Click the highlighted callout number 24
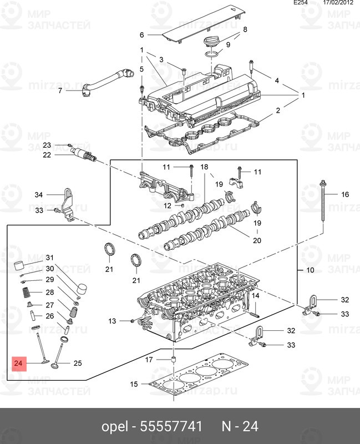point(18,363)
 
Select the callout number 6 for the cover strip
point(142,35)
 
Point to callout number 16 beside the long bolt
point(345,194)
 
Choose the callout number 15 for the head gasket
point(134,384)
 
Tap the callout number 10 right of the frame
point(310,270)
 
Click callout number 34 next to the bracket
point(39,195)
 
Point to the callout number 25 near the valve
point(78,363)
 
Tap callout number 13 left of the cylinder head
point(112,321)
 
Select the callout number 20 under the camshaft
point(257,240)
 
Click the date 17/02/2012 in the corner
point(338,3)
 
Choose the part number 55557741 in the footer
point(171,426)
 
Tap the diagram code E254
point(301,3)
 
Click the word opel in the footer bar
point(115,427)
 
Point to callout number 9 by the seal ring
point(228,45)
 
